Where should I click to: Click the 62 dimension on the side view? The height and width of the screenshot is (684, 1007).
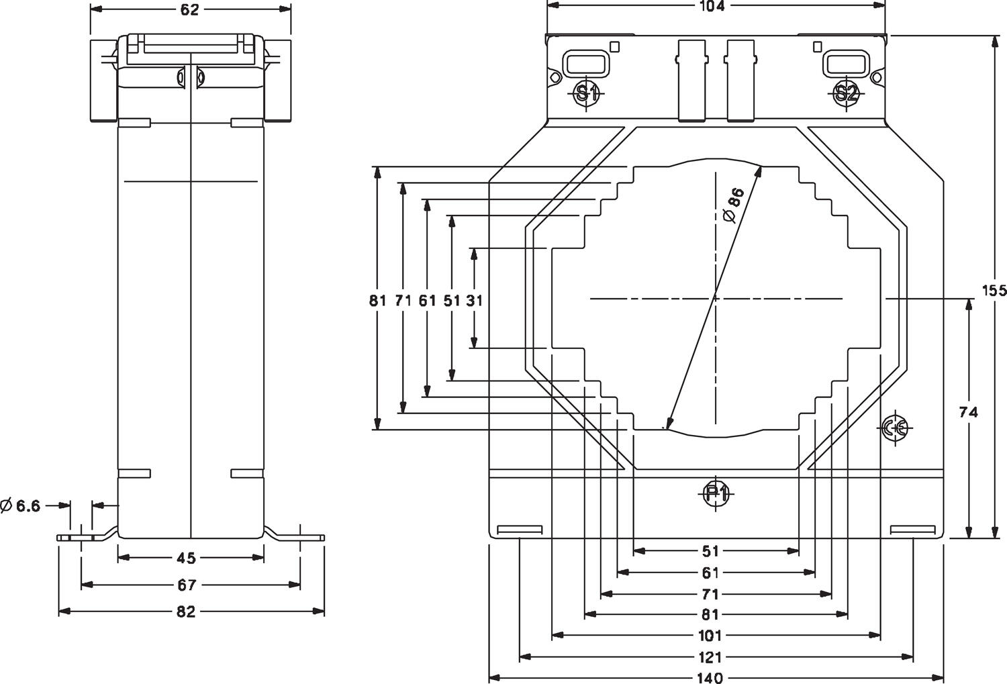tap(191, 9)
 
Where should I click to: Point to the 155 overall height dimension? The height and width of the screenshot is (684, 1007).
tap(994, 290)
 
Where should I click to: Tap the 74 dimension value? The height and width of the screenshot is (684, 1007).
tap(968, 412)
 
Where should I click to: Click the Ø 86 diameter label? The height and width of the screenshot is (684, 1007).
tap(732, 205)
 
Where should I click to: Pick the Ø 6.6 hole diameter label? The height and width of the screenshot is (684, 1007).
tap(21, 505)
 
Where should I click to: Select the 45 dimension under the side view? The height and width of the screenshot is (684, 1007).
tap(186, 558)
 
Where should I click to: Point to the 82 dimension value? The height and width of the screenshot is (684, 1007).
tap(186, 612)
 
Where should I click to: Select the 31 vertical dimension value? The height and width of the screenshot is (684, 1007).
tap(474, 300)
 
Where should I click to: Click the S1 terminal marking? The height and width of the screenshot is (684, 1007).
tap(587, 93)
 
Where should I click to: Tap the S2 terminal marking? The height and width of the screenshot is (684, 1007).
tap(846, 93)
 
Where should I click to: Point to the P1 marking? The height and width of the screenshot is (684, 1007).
tap(716, 494)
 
